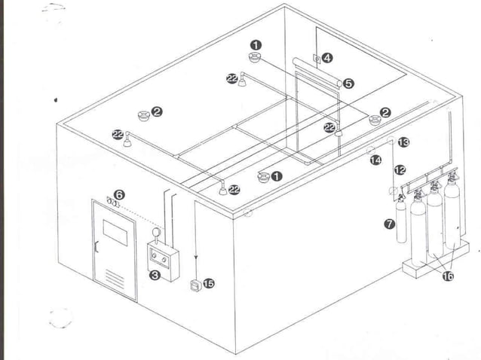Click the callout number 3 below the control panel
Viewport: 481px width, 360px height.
[154, 276]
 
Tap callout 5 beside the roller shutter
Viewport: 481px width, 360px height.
[348, 84]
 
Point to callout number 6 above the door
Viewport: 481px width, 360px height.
[119, 194]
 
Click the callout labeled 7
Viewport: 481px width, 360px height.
[389, 224]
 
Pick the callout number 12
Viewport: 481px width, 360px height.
[400, 170]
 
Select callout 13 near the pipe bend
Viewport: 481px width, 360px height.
[403, 142]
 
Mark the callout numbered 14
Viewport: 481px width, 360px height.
[375, 160]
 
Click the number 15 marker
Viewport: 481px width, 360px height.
[208, 284]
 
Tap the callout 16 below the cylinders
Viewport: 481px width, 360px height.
[447, 276]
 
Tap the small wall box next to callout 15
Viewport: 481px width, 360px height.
[195, 285]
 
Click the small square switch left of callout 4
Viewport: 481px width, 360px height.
[315, 56]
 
